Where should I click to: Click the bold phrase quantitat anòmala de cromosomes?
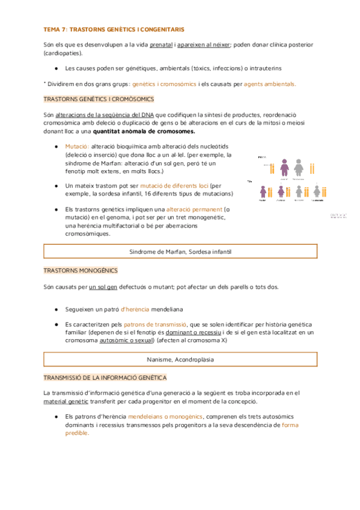coord(162,131)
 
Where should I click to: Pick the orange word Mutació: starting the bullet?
coord(78,147)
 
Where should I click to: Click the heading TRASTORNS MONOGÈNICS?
coord(81,271)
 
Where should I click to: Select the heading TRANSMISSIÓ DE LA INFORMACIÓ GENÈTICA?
coord(105,377)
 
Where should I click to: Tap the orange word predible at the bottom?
coord(76,433)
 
